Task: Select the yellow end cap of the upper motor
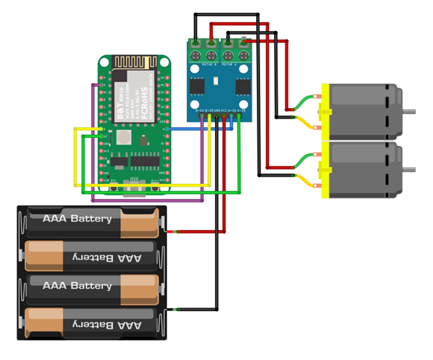coord(324,111)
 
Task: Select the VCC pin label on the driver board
coord(224,111)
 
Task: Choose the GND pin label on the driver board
coord(216,111)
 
